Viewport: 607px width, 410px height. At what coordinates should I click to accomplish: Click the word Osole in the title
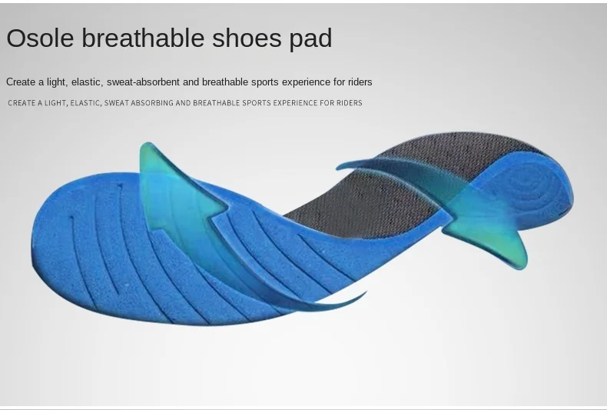(40, 38)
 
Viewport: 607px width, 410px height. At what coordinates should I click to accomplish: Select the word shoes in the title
(247, 38)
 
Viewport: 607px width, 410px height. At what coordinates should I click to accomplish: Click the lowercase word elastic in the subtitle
(87, 82)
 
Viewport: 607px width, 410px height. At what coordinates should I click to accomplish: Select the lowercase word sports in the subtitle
(265, 82)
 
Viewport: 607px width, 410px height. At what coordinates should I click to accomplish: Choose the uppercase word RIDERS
(349, 103)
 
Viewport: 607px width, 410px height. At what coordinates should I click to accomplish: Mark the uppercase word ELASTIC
(86, 103)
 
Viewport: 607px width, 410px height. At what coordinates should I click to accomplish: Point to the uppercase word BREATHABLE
(216, 103)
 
